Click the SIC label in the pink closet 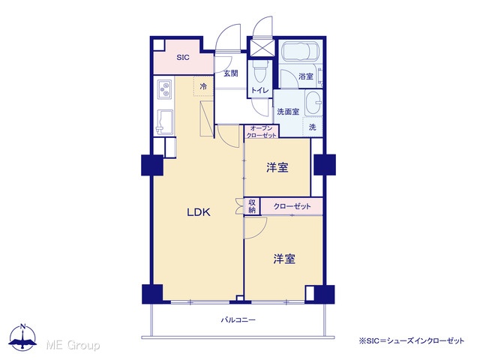183,57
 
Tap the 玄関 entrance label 230,73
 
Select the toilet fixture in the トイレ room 260,71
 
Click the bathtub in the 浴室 301,52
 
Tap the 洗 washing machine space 312,127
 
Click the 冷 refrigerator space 203,87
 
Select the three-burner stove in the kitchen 165,89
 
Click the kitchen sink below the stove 165,121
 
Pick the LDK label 199,212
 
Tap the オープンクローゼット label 262,132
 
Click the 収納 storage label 252,206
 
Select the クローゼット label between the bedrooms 292,206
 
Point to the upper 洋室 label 277,167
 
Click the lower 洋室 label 284,259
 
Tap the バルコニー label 238,320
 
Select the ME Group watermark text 73,345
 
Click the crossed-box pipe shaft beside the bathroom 262,47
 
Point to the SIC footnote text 412,340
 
